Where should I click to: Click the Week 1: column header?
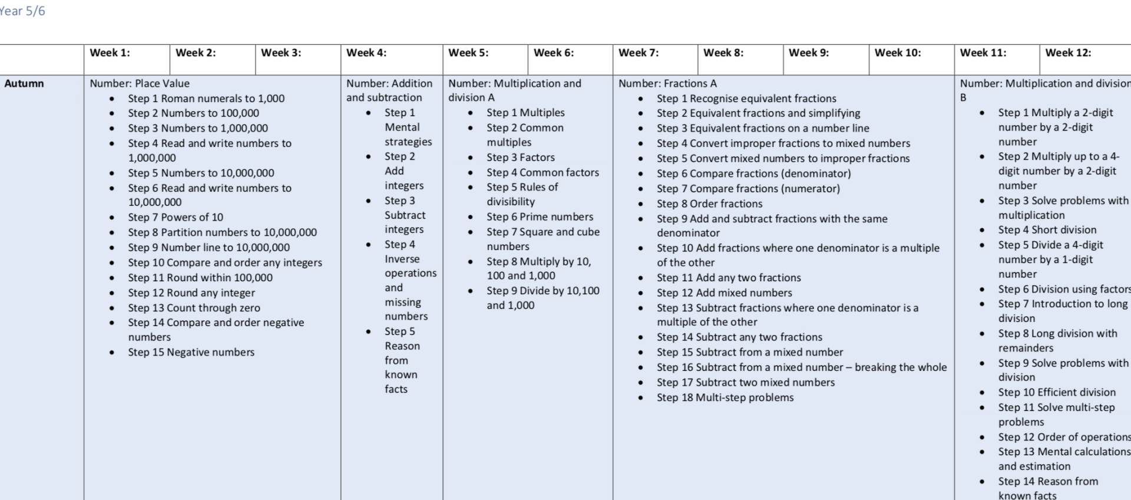[x=110, y=53]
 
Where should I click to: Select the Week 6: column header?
[x=553, y=53]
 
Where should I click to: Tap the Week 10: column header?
[x=897, y=53]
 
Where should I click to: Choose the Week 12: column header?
[x=1068, y=53]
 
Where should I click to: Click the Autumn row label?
[x=24, y=84]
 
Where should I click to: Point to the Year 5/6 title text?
[x=22, y=11]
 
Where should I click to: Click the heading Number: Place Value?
[x=140, y=84]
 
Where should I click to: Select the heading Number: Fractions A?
[x=667, y=84]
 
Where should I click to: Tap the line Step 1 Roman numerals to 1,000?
[x=206, y=98]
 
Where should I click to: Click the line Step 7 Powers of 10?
[x=176, y=218]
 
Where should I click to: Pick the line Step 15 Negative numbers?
[x=191, y=353]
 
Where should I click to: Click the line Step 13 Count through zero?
[x=194, y=308]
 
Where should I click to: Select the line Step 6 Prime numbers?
[x=540, y=217]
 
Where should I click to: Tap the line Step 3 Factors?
[x=521, y=157]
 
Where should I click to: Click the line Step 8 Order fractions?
[x=709, y=204]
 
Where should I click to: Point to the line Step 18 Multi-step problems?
[x=725, y=398]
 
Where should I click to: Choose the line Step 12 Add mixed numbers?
[x=724, y=293]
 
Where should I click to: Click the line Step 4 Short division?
[x=1047, y=230]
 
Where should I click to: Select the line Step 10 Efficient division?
[x=1057, y=393]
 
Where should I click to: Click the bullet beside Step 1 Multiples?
[x=470, y=113]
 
